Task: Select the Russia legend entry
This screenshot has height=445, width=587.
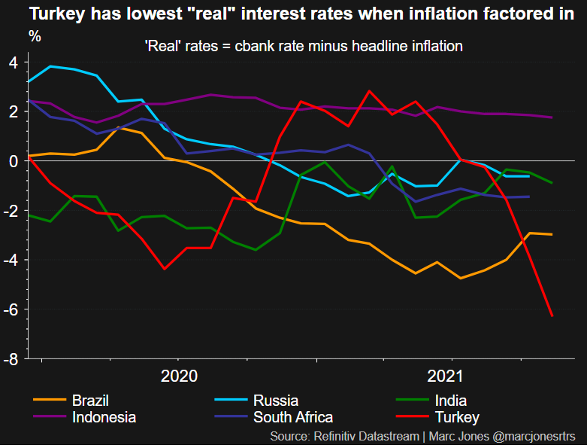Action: [275, 401]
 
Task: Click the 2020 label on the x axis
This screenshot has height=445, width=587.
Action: [179, 376]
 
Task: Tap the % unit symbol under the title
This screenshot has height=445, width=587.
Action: [34, 35]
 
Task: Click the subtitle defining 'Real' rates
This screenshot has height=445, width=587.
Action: [303, 46]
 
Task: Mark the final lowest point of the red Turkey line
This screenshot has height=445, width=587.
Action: [552, 316]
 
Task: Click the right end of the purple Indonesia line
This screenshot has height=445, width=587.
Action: [552, 117]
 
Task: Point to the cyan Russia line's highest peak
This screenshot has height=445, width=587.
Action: [50, 66]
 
